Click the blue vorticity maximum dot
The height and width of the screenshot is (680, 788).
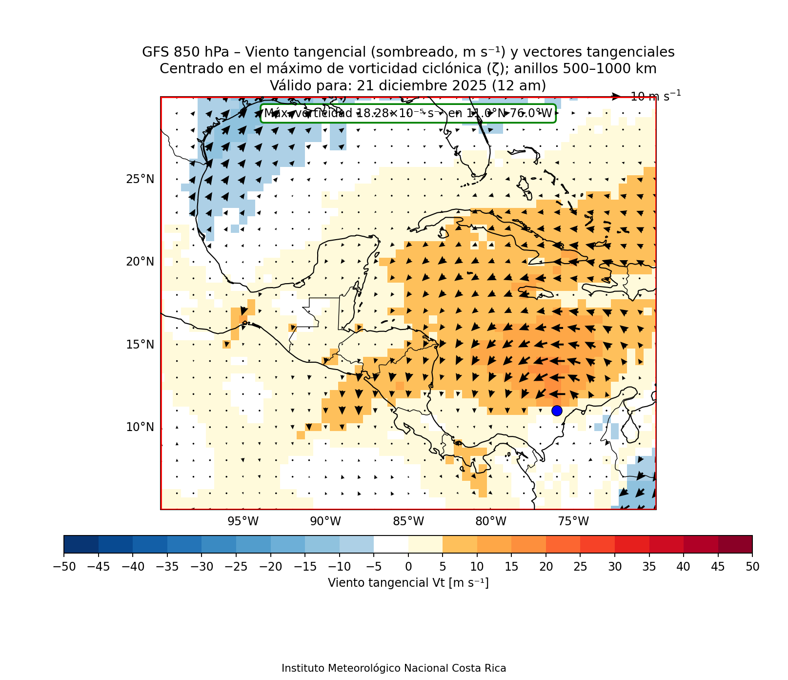pos(557,411)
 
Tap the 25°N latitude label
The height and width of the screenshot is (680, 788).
pos(140,179)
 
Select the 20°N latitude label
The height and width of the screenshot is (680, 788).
pos(140,262)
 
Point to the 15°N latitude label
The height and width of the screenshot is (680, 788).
pos(140,345)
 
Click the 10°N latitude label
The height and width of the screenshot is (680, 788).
pos(140,427)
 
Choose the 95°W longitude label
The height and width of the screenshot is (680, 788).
pos(243,522)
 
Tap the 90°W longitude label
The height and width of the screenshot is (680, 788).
pos(326,522)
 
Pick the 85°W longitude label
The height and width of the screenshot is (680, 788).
pos(408,522)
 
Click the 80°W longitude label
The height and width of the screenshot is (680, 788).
pos(491,522)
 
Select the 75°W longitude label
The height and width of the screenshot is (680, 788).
pos(573,522)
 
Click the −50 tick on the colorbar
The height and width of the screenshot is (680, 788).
pos(63,566)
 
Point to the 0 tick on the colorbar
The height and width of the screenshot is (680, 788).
pos(408,566)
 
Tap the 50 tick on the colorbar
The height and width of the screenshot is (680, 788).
pos(752,566)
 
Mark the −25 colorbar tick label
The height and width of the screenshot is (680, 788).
pos(236,566)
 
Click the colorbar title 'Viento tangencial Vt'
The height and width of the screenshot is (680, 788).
pos(408,583)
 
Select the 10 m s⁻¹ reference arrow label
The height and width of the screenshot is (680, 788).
pos(655,97)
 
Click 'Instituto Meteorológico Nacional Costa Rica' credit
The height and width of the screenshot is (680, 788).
pos(394,668)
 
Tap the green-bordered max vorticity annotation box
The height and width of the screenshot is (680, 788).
pos(408,113)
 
